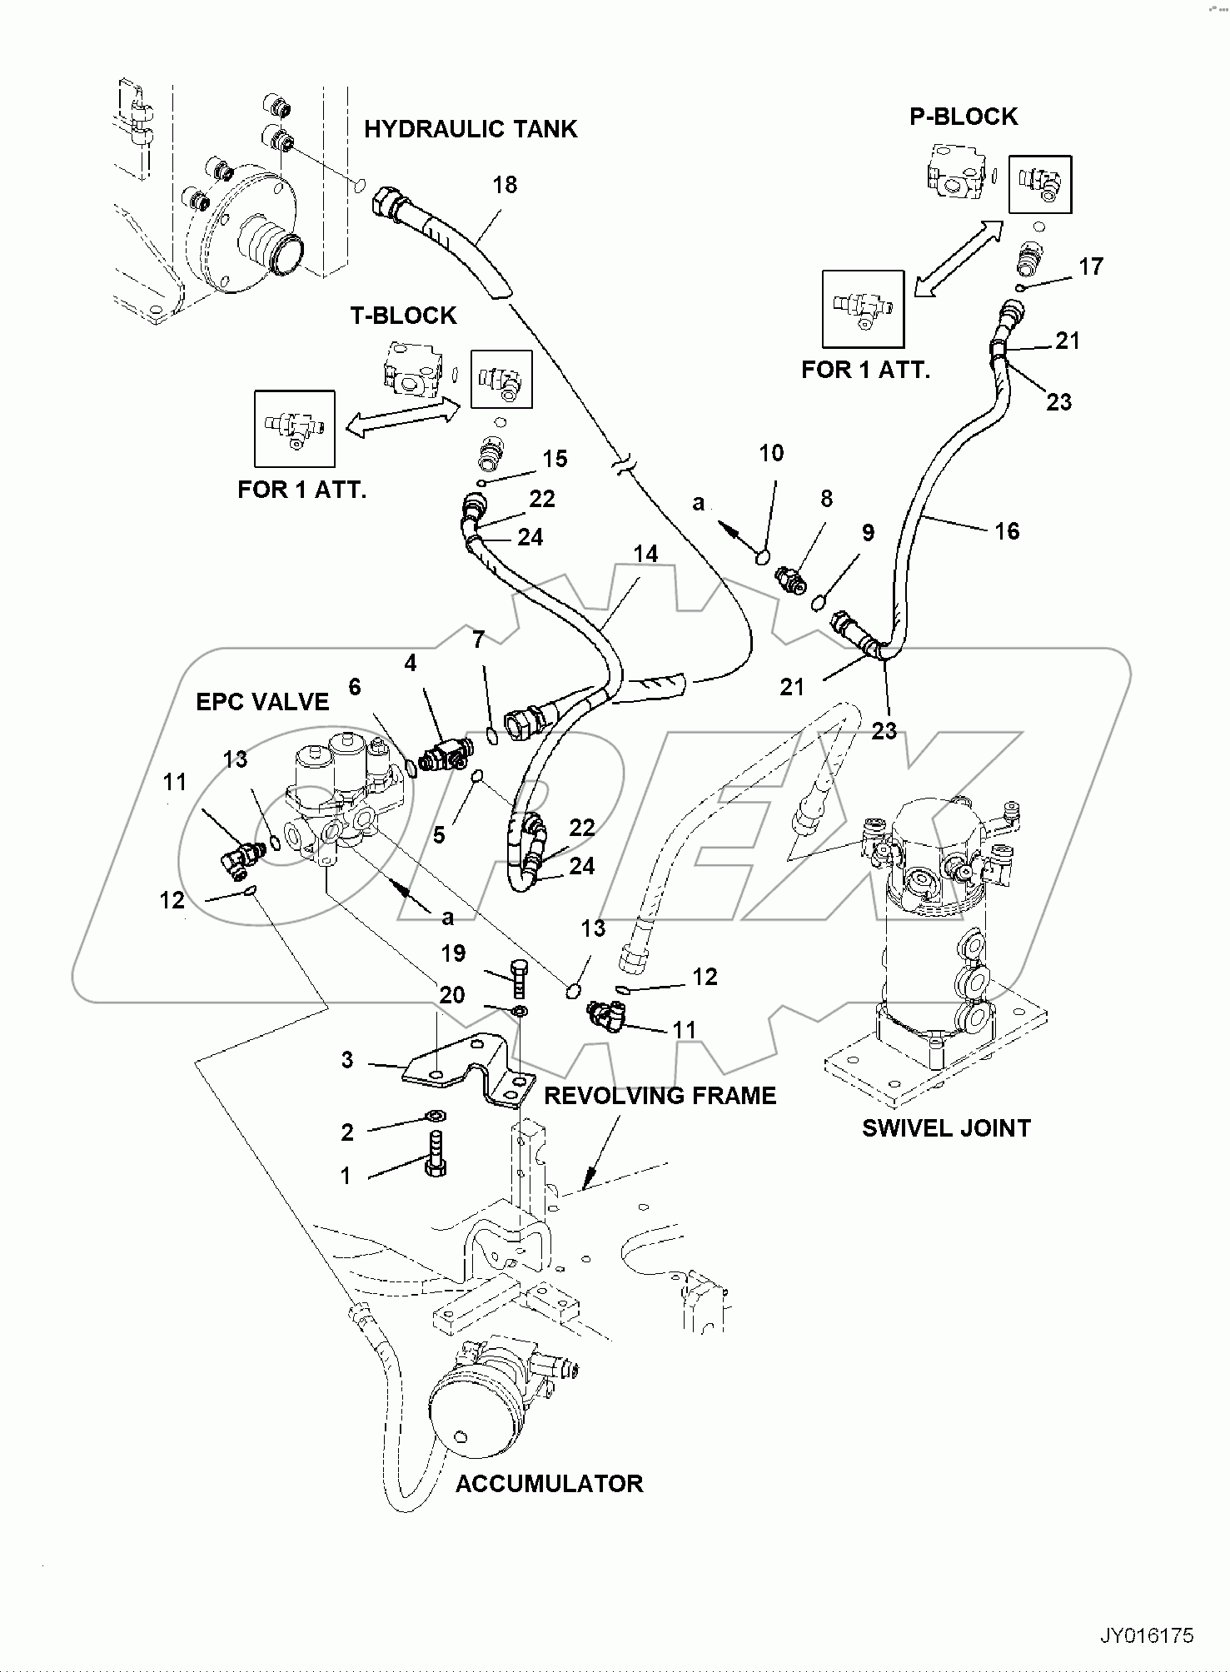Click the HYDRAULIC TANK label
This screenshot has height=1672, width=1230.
(471, 129)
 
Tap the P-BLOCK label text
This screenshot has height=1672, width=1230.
(963, 117)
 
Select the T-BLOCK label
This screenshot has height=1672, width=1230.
(403, 316)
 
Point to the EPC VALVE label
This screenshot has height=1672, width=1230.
(262, 702)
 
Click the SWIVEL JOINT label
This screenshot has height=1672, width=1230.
(946, 1128)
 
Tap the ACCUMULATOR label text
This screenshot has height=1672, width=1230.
(549, 1484)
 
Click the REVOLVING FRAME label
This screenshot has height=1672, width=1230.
(660, 1096)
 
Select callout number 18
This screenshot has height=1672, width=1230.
(505, 185)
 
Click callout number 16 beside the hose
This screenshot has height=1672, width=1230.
(1007, 531)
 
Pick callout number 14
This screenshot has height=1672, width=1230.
(645, 554)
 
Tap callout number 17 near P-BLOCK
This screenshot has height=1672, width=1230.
(1090, 266)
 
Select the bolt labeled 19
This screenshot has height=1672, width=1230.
(517, 979)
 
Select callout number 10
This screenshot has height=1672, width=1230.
(771, 454)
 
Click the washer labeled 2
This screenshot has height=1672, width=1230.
(435, 1115)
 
